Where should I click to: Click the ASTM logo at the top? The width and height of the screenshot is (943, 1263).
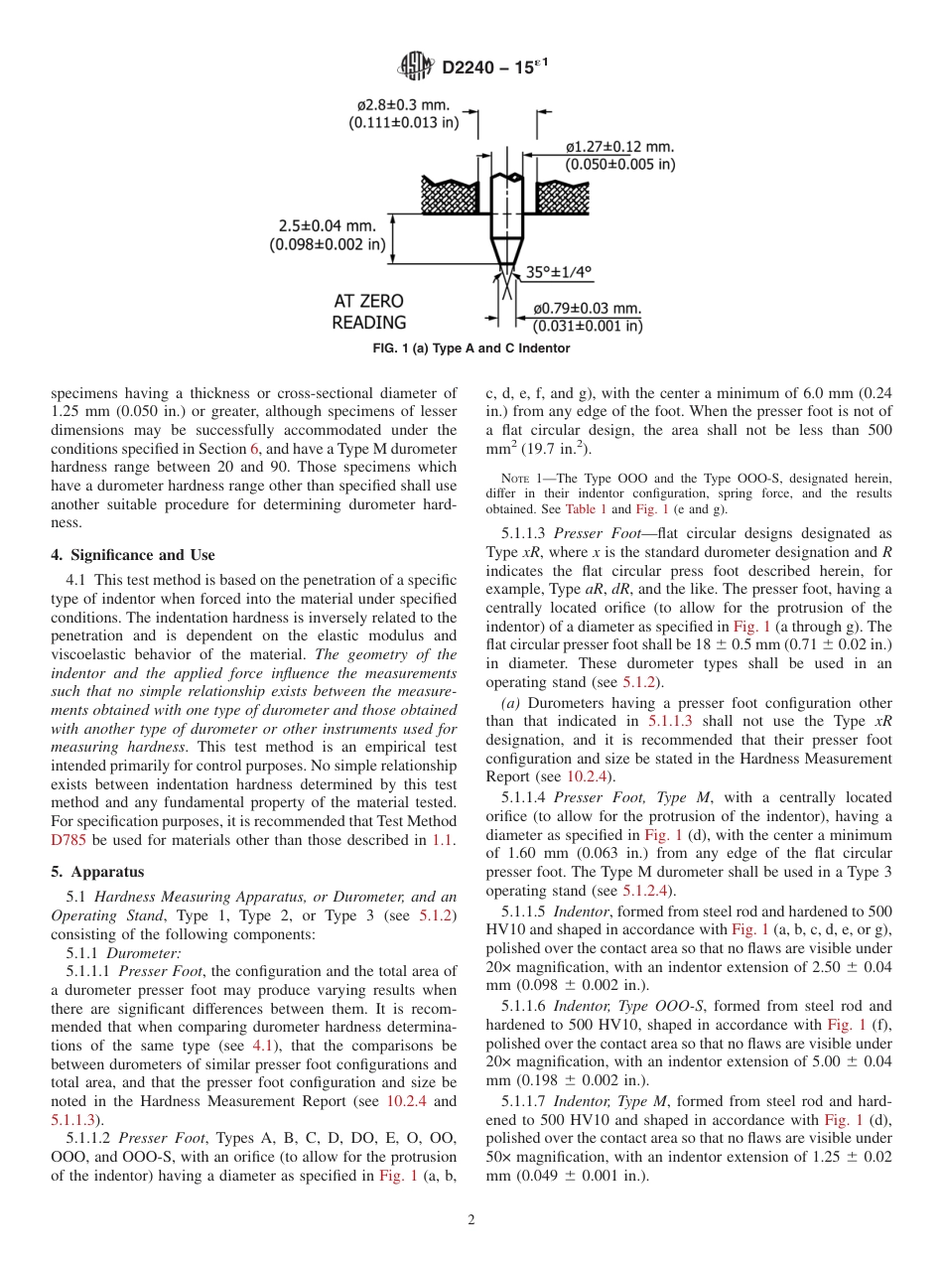coord(416,67)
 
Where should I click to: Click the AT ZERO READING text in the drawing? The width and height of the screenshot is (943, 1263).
coord(369,312)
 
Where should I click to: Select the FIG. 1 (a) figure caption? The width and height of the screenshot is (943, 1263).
coord(471,349)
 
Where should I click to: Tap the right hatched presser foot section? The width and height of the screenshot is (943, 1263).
coord(565,196)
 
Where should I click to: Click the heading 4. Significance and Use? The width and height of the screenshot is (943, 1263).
coord(133,555)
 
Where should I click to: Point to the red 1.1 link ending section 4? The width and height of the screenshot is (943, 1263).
coord(443,840)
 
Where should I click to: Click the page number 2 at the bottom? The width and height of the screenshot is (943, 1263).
coord(471,1220)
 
